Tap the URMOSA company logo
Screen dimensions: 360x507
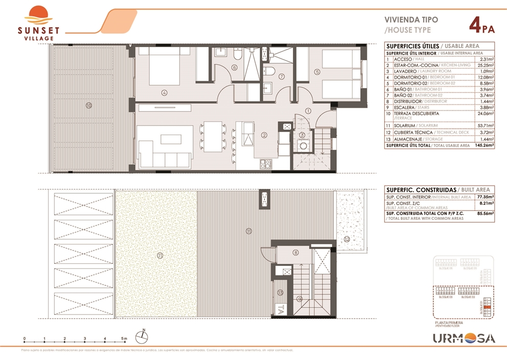click(x=464, y=338)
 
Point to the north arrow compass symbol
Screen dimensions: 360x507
click(x=143, y=336)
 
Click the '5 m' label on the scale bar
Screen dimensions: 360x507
click(x=124, y=339)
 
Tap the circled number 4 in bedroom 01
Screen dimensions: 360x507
click(x=164, y=93)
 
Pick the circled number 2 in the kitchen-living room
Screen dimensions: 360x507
click(x=264, y=135)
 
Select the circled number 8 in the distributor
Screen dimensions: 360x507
click(x=295, y=253)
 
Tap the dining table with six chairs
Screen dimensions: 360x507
click(x=212, y=134)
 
